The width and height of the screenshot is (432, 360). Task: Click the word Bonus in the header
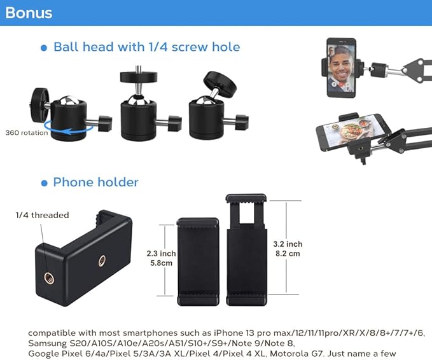pyautogui.click(x=29, y=13)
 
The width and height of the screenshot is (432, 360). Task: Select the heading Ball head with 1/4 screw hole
pyautogui.click(x=146, y=47)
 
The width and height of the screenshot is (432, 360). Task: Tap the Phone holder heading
pyautogui.click(x=95, y=183)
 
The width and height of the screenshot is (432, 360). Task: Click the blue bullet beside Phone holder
pyautogui.click(x=44, y=183)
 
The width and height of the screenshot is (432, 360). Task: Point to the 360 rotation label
pyautogui.click(x=25, y=133)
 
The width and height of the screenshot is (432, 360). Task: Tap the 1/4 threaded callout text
pyautogui.click(x=42, y=215)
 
